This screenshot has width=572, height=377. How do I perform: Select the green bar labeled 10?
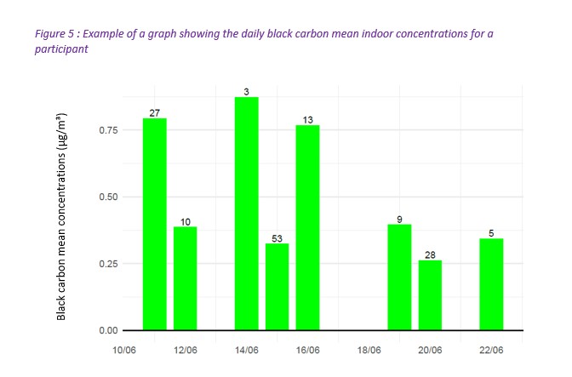click(185, 278)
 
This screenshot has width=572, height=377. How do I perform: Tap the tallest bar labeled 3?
click(246, 214)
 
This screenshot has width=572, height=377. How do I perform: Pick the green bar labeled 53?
click(277, 287)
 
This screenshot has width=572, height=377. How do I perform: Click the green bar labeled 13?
click(307, 227)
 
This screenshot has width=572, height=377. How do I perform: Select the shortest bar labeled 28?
click(430, 295)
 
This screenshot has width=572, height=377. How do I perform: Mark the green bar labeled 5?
click(491, 284)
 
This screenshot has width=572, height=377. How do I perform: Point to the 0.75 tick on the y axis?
click(107, 130)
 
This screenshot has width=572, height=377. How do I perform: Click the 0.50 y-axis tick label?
click(107, 197)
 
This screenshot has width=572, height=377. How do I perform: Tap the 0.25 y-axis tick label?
click(107, 264)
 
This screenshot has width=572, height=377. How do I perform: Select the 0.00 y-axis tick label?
click(107, 330)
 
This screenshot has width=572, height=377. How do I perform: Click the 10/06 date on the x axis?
click(123, 350)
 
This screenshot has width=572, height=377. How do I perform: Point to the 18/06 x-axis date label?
click(369, 350)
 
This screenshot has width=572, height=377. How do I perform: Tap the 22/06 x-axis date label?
click(491, 350)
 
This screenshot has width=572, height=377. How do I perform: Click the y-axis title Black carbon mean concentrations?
click(61, 217)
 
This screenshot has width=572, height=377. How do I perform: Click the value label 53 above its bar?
click(277, 237)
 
